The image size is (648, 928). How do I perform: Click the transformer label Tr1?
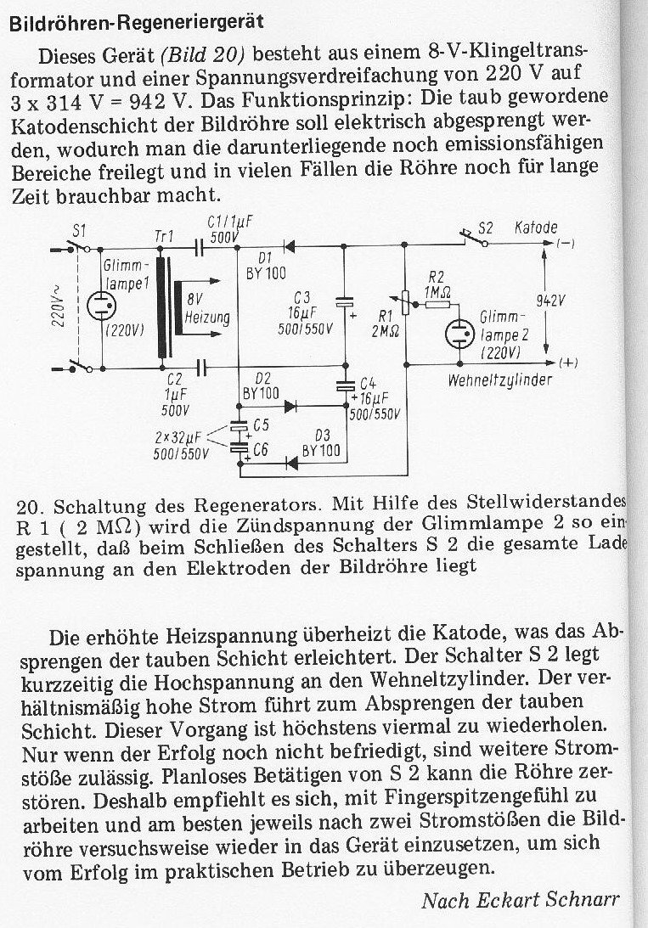click(x=163, y=234)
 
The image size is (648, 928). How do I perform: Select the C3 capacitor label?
click(x=302, y=296)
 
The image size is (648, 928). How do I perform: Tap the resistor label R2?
click(x=437, y=278)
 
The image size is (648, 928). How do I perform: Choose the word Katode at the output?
click(x=537, y=228)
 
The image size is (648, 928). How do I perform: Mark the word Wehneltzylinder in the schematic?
click(x=499, y=380)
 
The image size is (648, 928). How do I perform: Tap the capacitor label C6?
click(x=262, y=452)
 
